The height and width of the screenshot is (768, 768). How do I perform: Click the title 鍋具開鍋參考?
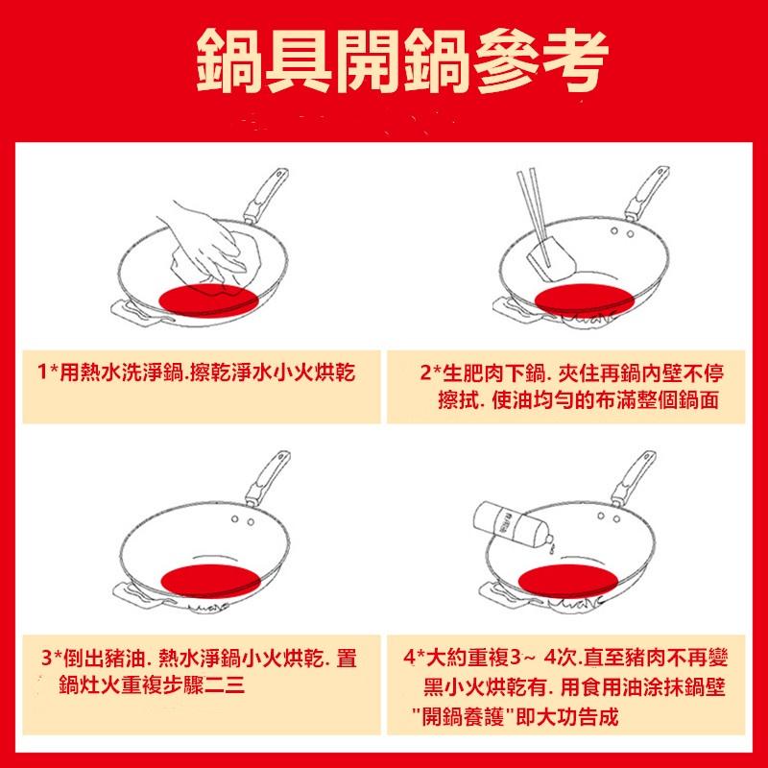click(401, 60)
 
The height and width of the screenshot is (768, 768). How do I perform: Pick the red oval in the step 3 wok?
click(209, 580)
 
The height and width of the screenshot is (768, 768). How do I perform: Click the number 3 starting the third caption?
click(48, 660)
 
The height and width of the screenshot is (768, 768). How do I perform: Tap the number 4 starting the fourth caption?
click(410, 660)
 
